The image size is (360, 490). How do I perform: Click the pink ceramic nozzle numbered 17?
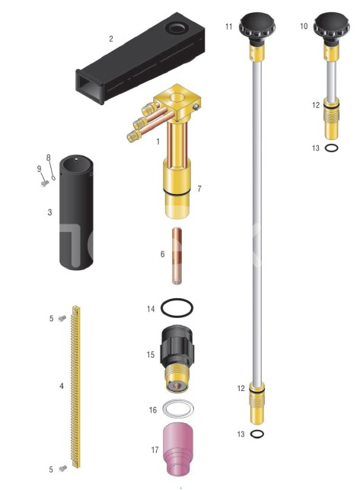pyautogui.click(x=177, y=449)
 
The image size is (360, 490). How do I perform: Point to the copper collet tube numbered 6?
pyautogui.click(x=177, y=256)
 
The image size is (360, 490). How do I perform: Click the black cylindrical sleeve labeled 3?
pyautogui.click(x=76, y=212)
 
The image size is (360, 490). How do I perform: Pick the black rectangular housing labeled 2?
pyautogui.click(x=141, y=58)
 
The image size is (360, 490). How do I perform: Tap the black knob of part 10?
pyautogui.click(x=331, y=27)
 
